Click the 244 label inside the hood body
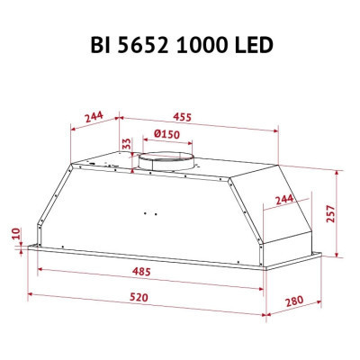(x=284, y=199)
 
